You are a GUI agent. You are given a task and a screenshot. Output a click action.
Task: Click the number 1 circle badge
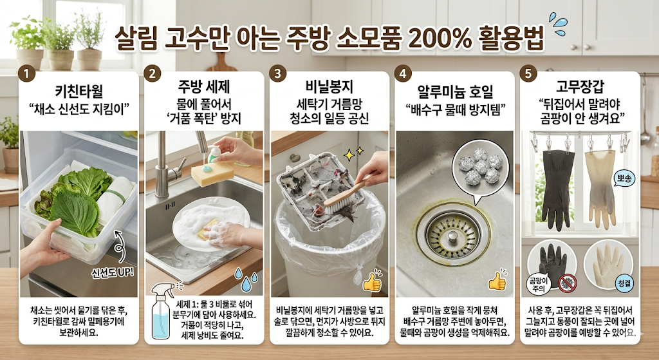click(26, 73)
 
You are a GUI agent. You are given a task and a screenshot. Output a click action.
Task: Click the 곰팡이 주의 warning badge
click(537, 284)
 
